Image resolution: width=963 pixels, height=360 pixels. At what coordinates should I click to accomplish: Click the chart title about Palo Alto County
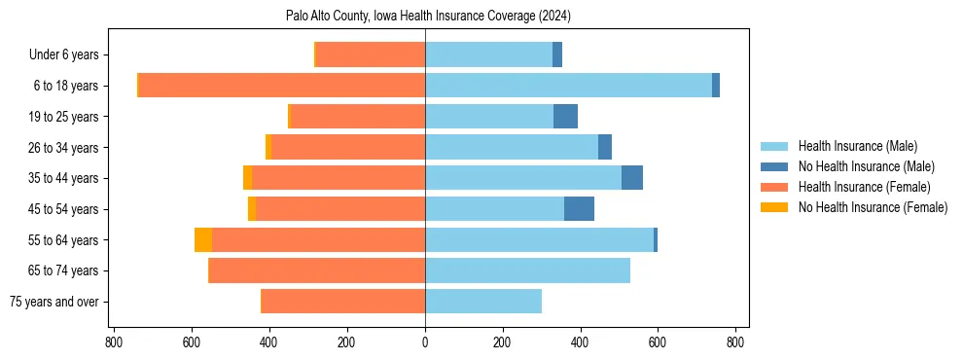click(428, 16)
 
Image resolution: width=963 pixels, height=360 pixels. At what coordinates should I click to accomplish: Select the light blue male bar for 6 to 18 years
click(568, 86)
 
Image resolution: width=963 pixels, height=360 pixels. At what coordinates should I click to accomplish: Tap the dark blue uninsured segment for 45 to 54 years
click(579, 209)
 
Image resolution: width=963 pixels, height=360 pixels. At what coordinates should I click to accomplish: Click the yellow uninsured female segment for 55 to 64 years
click(202, 240)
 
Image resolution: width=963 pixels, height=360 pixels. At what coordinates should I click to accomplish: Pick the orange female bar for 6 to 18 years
click(282, 86)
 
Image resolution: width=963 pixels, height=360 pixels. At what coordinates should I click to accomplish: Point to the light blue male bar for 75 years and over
click(483, 302)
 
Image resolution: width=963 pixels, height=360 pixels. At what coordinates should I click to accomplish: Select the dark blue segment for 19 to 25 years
click(565, 117)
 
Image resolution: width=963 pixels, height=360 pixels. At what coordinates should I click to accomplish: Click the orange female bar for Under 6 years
click(371, 55)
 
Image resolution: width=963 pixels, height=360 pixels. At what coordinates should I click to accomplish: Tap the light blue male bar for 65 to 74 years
click(527, 270)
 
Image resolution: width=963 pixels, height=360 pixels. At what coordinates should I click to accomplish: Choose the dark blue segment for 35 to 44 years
click(631, 178)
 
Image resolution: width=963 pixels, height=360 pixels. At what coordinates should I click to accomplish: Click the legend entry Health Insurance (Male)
click(857, 146)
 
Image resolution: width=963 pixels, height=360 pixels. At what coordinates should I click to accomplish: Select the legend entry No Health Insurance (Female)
click(873, 207)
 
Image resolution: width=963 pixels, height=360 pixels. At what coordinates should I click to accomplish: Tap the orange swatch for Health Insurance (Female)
click(775, 187)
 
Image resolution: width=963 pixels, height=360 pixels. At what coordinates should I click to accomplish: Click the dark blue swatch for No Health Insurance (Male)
click(775, 166)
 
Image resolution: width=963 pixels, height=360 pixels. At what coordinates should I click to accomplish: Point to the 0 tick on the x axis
click(425, 342)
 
